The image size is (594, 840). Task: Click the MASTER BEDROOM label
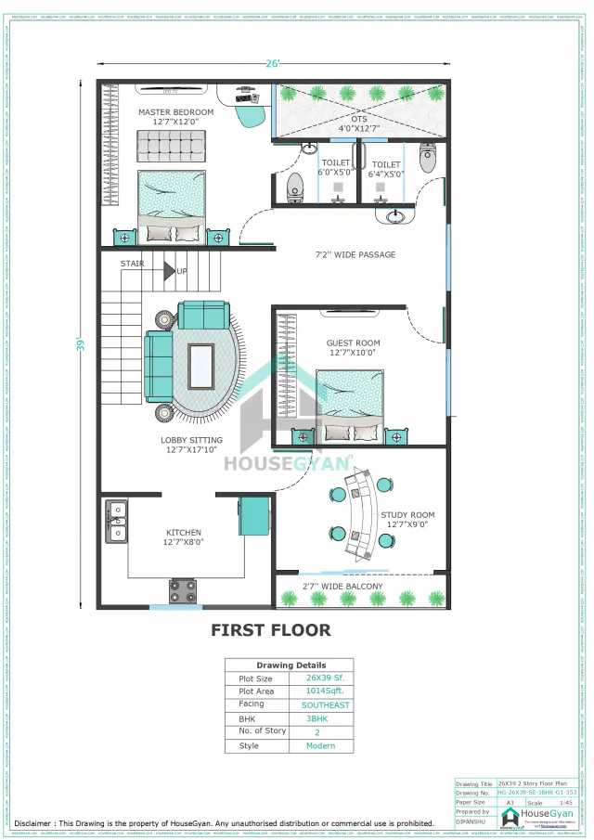(x=175, y=112)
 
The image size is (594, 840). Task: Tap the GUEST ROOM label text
(x=353, y=342)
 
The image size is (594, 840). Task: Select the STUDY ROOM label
(x=407, y=515)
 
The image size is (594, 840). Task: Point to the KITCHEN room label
(x=183, y=533)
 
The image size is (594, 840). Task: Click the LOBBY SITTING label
(x=191, y=441)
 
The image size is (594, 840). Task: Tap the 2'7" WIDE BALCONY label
(x=348, y=587)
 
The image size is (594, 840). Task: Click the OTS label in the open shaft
(x=359, y=118)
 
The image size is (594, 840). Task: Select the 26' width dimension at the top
(x=273, y=64)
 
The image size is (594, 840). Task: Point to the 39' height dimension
(x=82, y=343)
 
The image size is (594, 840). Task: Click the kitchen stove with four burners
(x=183, y=590)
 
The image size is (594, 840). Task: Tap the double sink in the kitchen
(x=117, y=521)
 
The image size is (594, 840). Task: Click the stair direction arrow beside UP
(x=169, y=271)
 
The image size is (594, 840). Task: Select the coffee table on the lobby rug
(x=200, y=366)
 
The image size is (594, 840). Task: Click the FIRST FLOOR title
(x=270, y=630)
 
